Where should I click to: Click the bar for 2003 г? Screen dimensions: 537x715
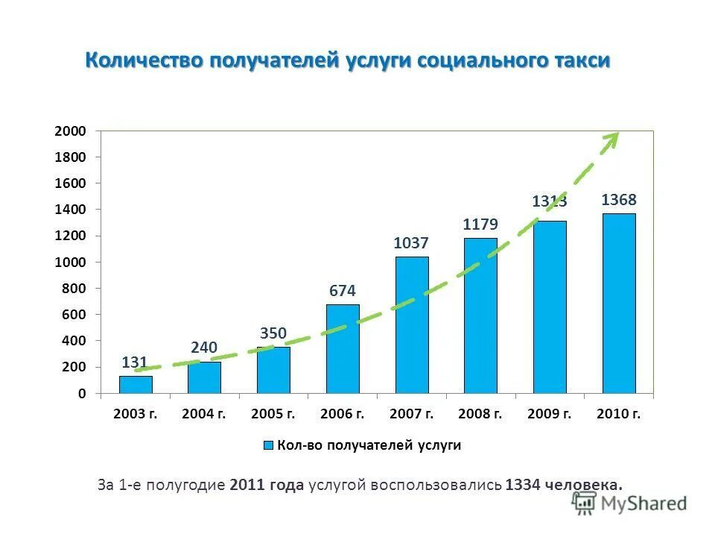pos(136,384)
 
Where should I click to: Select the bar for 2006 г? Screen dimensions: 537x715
pos(343,348)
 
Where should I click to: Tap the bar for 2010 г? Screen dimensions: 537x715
pos(619,303)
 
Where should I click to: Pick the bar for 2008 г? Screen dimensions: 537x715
pos(480,315)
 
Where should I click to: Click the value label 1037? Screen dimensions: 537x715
pos(412,243)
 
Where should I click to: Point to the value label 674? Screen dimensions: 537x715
pos(343,291)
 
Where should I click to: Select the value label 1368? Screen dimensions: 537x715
pos(619,200)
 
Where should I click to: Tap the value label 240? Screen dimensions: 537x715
pos(204,348)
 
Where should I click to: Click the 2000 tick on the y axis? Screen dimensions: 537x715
pos(71,131)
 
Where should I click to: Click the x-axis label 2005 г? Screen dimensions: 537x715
pos(274,413)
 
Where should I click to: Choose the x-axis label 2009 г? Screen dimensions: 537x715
pos(550,413)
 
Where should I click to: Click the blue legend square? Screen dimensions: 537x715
pos(268,446)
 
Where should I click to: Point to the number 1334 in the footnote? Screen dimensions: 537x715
pos(522,485)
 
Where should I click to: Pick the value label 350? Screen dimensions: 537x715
pos(273,333)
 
